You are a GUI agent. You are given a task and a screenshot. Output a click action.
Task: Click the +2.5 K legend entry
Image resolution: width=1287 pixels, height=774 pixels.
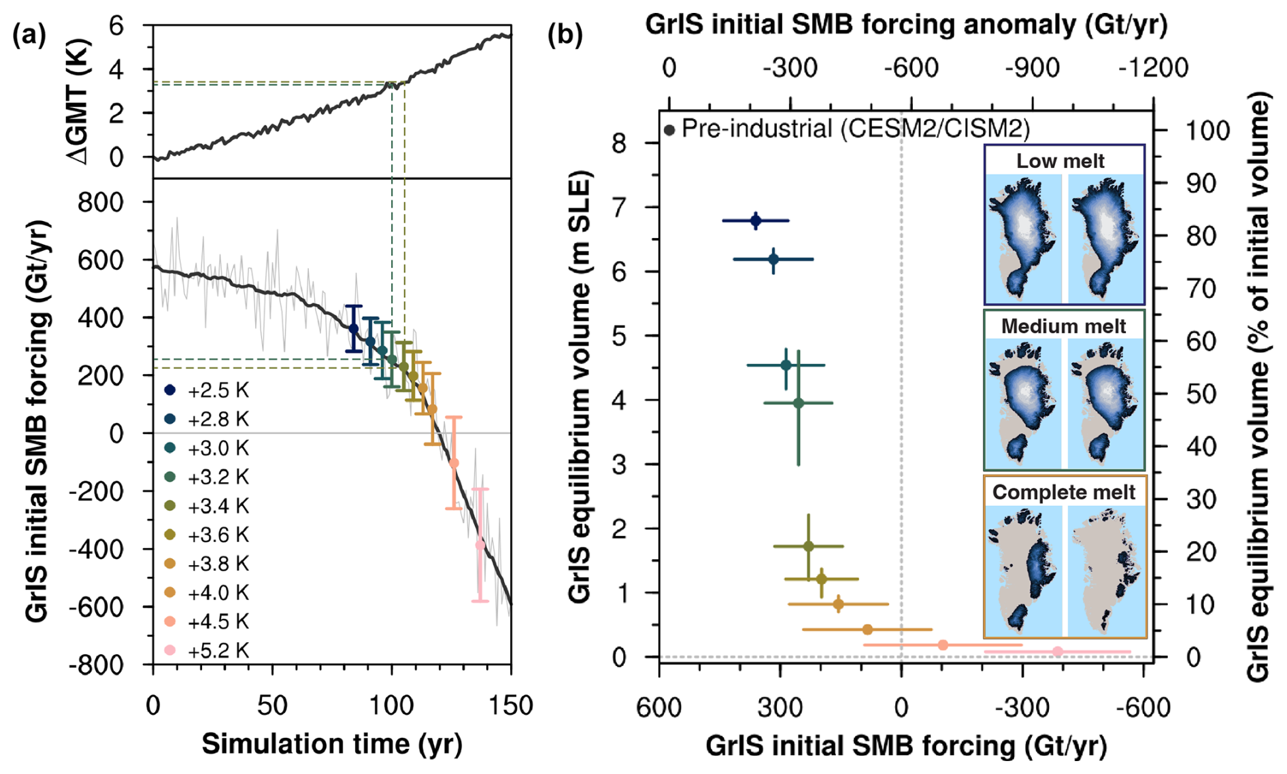208,390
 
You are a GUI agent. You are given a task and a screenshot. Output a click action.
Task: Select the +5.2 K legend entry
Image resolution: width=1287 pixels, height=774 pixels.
208,651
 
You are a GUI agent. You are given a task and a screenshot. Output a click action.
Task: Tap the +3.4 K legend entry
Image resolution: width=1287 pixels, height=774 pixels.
208,506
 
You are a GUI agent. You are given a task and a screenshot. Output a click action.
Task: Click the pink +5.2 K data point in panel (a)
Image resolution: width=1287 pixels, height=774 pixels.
480,545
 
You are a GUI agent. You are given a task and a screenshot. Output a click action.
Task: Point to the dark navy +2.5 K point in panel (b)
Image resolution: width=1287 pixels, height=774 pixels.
756,220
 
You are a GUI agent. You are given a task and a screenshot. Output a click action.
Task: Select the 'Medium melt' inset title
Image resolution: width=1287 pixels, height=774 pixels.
1063,326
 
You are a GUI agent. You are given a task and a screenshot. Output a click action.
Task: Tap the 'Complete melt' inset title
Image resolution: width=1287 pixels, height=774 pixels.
1063,492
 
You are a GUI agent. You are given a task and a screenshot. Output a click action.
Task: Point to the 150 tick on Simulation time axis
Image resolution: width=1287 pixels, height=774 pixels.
511,705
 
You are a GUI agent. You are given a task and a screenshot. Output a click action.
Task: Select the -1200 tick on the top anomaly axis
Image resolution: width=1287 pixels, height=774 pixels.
1153,68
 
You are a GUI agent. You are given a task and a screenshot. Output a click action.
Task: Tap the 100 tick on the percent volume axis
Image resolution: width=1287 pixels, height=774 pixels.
1207,130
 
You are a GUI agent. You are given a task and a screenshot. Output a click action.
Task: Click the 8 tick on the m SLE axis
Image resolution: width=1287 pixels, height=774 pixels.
619,144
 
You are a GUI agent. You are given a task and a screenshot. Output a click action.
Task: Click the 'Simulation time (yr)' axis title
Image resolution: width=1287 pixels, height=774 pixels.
332,744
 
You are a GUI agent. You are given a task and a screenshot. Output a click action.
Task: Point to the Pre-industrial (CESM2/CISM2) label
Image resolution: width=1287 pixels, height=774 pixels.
855,129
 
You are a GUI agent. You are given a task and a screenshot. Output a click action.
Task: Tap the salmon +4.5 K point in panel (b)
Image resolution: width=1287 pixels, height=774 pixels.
943,645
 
